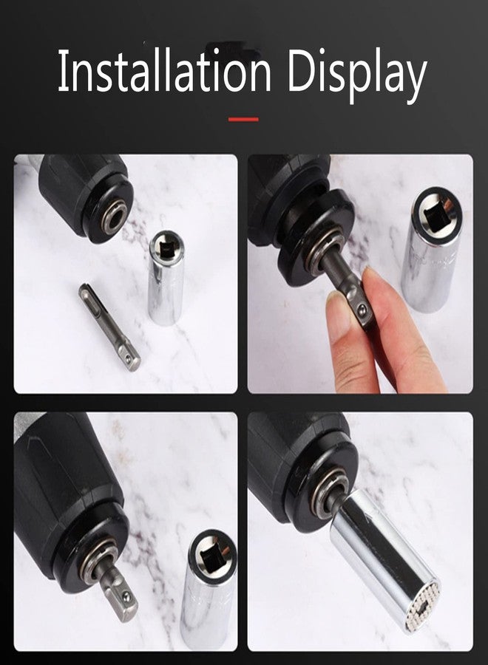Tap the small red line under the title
(243, 119)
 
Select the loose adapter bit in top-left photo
(109, 326)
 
